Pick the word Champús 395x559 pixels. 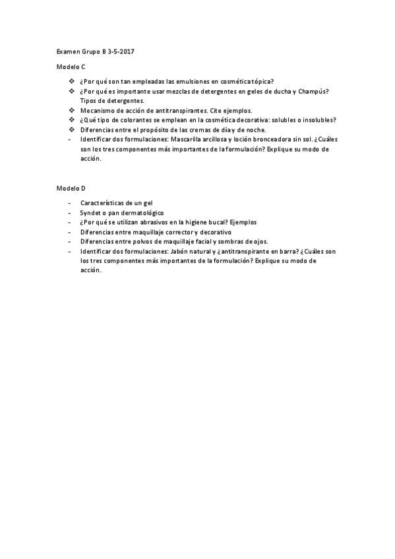(x=317, y=92)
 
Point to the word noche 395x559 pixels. (x=255, y=130)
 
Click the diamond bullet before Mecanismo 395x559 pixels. (x=72, y=111)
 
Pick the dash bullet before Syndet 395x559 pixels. (x=70, y=214)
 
